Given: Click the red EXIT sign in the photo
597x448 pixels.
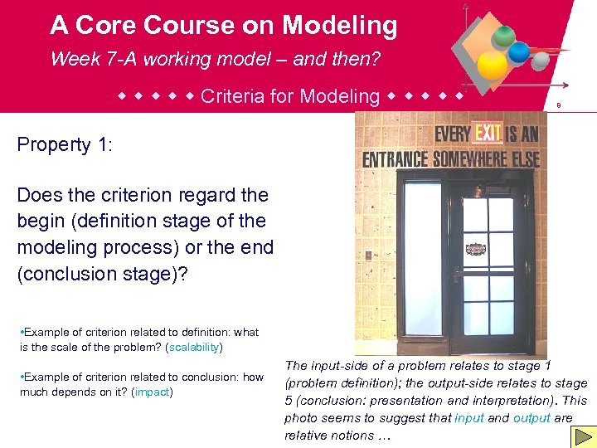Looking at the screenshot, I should click(x=483, y=133).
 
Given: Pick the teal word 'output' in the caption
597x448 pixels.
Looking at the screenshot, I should click(x=531, y=418).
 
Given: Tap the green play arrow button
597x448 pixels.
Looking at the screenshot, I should click(x=583, y=436).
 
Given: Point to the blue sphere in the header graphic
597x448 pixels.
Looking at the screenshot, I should click(x=519, y=52).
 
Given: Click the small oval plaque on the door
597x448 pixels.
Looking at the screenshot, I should click(x=475, y=249).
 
